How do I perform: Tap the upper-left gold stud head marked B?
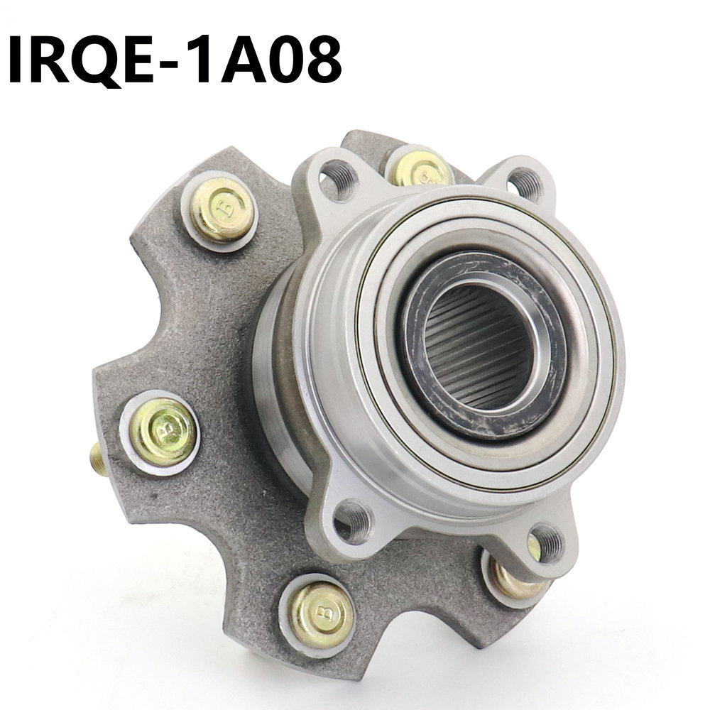pos(222,209)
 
